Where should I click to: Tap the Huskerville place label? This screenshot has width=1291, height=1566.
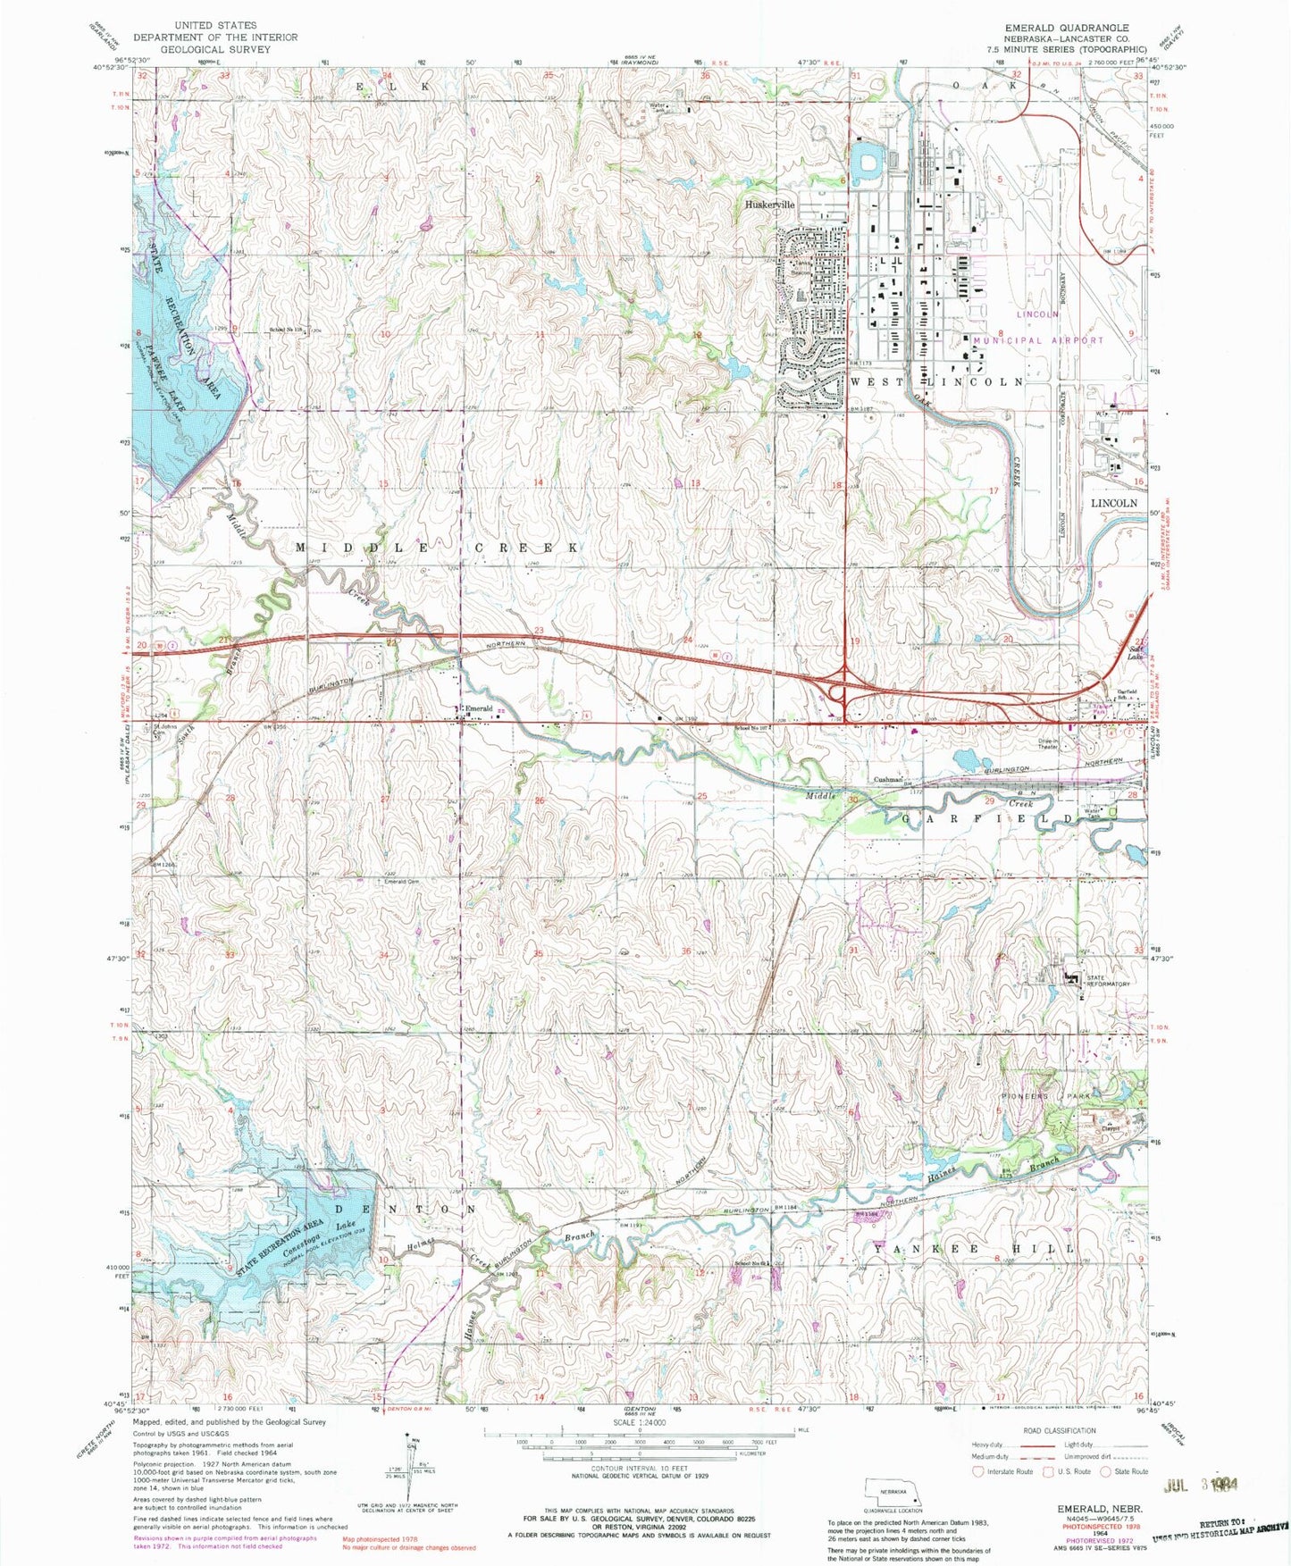pos(769,205)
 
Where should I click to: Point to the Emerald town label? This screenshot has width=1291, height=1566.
pos(479,708)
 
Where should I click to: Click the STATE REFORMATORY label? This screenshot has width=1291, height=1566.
pos(1108,981)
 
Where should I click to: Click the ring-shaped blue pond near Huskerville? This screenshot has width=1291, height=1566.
pos(866,163)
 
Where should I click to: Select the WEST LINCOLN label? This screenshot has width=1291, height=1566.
pos(937,381)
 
